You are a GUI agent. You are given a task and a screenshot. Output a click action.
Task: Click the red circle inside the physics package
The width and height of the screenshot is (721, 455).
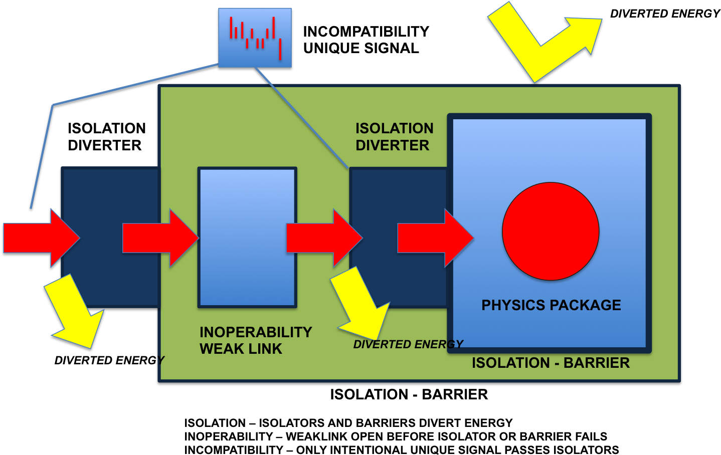tap(551, 231)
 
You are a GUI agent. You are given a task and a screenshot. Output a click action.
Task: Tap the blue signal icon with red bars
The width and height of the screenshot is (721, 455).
tap(255, 38)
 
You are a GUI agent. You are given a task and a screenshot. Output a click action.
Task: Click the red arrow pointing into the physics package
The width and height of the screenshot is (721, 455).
tap(434, 238)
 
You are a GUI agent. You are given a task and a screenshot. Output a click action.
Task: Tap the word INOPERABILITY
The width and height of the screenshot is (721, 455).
tap(256, 332)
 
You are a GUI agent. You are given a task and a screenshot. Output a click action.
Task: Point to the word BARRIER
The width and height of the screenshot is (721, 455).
tap(596, 363)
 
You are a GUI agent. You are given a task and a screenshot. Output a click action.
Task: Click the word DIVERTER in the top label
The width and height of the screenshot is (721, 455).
tap(392, 145)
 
